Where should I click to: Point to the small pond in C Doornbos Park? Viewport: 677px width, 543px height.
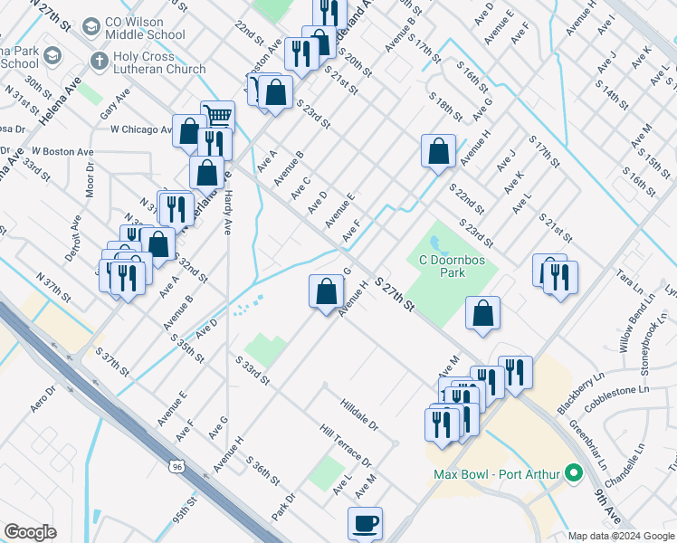point(438,244)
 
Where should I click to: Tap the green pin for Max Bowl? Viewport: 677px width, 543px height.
point(572,473)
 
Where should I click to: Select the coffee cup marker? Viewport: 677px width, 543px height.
point(365,522)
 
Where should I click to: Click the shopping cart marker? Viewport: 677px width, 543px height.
point(217,116)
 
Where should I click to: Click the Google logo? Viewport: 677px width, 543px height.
point(30,531)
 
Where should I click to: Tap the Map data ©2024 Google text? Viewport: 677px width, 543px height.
point(622,536)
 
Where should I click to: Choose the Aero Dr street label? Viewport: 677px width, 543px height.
point(43,397)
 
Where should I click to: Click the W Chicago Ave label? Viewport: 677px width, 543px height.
point(141,129)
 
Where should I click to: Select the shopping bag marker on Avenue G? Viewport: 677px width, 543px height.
point(326,291)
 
